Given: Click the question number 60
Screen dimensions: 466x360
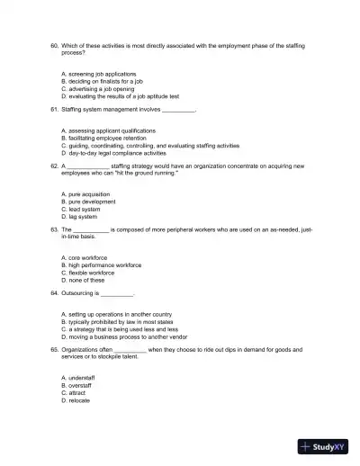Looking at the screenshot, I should coord(54,43).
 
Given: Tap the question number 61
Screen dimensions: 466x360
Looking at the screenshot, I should coord(54,110).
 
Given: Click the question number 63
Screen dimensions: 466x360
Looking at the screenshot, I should coord(54,230).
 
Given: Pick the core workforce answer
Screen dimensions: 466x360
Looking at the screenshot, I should coord(85,258).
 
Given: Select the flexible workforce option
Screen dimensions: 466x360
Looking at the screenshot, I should coord(91,273).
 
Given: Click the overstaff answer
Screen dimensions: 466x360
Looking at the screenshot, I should coord(80,384).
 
